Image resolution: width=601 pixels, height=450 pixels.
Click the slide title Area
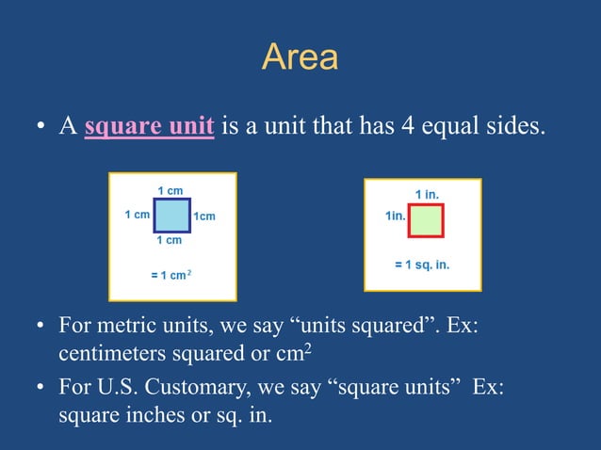tap(300, 58)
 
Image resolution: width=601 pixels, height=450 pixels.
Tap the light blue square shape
tap(171, 216)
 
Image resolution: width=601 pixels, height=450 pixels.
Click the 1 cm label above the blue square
tap(170, 191)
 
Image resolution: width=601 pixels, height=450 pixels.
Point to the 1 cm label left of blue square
tap(138, 215)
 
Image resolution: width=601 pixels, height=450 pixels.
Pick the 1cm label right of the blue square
tap(204, 217)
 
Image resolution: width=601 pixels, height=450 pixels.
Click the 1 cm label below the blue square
tap(170, 241)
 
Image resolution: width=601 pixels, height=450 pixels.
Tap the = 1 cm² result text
tap(165, 275)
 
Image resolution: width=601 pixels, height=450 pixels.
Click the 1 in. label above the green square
tap(427, 194)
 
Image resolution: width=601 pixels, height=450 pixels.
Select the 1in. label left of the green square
tap(396, 216)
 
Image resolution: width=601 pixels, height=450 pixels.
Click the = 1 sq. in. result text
tap(422, 265)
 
